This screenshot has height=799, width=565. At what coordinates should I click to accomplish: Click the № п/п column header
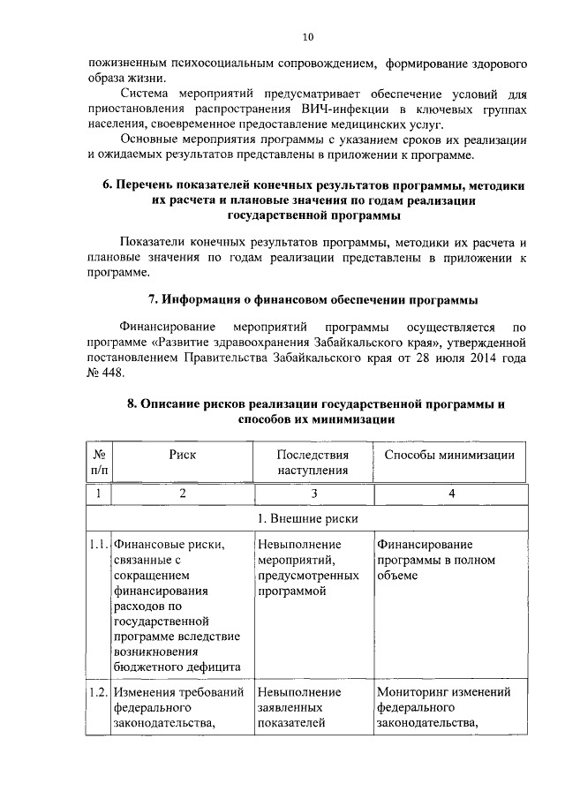pos(97,462)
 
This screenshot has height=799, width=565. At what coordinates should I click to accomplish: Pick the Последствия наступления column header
pos(312,462)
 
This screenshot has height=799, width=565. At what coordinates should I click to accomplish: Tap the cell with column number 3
pos(312,494)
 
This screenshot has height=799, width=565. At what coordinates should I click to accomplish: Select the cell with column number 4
pos(451,494)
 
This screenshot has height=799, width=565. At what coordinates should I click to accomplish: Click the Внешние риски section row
pos(306,517)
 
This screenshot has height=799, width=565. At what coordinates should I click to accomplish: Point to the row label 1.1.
pos(98,544)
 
